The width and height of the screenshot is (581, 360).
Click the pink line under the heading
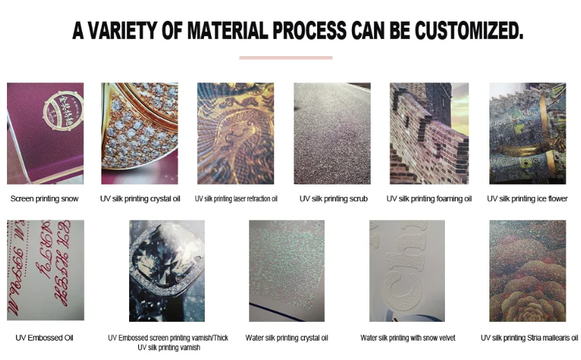[x=285, y=58]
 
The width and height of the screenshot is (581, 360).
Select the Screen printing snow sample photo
[x=45, y=133]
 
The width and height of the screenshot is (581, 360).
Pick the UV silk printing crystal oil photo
[x=140, y=133]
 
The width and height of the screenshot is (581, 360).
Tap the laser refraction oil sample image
[x=235, y=133]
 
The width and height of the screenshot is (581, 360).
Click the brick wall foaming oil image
[x=428, y=133]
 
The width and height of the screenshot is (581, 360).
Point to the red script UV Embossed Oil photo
[x=45, y=271]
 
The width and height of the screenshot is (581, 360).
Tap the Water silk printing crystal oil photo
[x=286, y=271]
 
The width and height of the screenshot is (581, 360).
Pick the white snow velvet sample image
[x=407, y=271]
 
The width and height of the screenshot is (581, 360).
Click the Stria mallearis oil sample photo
[x=528, y=271]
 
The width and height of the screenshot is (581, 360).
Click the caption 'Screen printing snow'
[x=44, y=199]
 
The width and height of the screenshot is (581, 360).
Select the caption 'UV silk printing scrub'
[x=333, y=199]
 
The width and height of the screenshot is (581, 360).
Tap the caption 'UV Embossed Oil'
[x=44, y=338]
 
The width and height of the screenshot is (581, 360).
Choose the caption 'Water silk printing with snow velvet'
[x=407, y=338]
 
